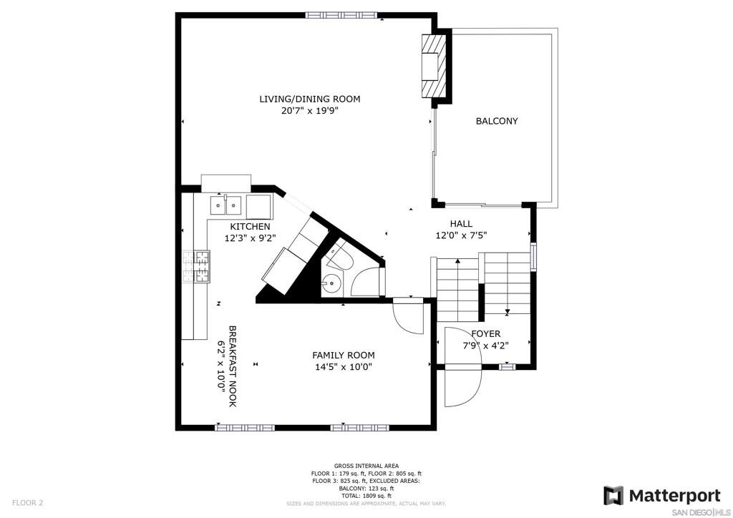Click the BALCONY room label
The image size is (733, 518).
coord(497,121)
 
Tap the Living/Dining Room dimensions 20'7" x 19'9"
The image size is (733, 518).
coord(309,111)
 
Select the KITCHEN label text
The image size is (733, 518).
coord(250,227)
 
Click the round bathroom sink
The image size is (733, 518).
coord(331,283)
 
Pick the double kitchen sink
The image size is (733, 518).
coord(225,205)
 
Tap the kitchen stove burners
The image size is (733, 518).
coord(196,266)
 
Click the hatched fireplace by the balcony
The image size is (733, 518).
coord(432,66)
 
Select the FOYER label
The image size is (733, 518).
coord(486,333)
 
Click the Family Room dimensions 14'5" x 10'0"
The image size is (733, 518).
coord(344,367)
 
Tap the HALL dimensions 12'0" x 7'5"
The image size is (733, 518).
coord(462,236)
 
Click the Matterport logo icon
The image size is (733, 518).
coord(613,496)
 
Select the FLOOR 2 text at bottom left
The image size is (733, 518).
coord(28,503)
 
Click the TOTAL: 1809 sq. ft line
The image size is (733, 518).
coord(366,496)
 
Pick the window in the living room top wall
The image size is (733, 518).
coord(341,15)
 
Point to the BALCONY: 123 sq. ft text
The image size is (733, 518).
coord(366,488)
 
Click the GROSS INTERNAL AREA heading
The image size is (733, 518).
coord(366,466)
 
